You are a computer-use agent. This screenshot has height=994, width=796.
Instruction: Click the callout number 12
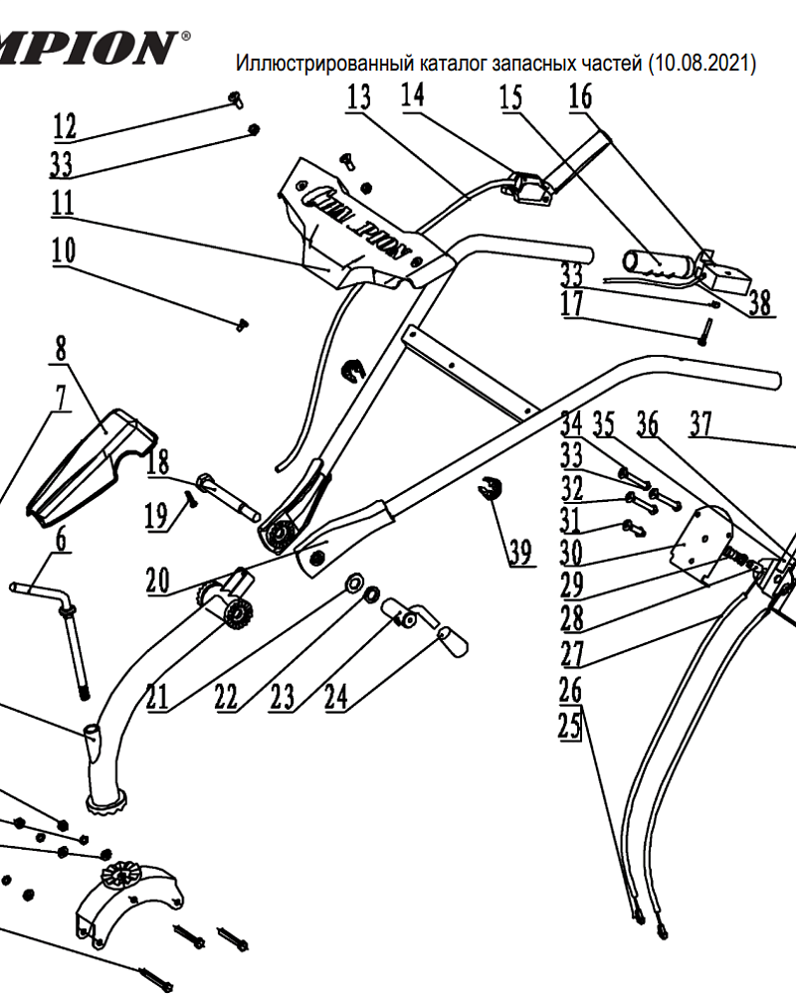[65, 126]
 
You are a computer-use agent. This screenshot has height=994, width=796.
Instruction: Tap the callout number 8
[62, 349]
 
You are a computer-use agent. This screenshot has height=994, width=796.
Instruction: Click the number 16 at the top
[579, 97]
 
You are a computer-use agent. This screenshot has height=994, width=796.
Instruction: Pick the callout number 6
[62, 540]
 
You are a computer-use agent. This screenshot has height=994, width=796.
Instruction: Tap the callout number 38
[760, 303]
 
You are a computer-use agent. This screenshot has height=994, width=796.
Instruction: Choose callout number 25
[568, 726]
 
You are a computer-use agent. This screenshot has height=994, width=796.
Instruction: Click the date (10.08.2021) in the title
[700, 65]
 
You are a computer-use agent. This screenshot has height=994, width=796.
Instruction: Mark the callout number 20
[157, 580]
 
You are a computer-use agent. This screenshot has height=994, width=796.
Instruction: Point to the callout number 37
[702, 425]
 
